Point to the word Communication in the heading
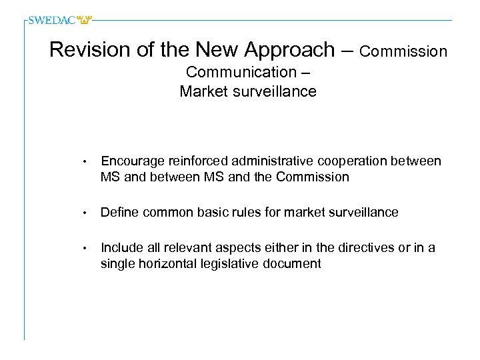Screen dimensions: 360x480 tap(241, 72)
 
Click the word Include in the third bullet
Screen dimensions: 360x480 tap(120, 248)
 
